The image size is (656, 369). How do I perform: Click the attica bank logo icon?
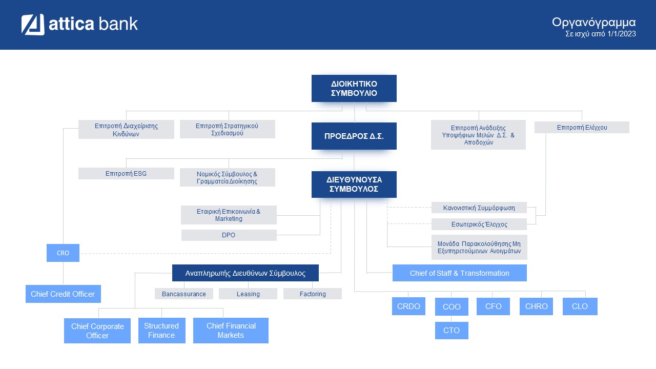[33, 25]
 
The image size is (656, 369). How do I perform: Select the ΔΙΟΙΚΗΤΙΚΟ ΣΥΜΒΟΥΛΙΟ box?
[354, 89]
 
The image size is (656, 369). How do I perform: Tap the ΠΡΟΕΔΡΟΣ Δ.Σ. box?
[354, 136]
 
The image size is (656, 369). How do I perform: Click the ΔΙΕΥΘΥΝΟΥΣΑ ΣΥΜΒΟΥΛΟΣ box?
[354, 184]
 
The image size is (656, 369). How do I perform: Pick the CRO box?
[63, 253]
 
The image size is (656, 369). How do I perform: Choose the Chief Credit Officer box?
[63, 294]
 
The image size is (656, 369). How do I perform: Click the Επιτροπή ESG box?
[126, 173]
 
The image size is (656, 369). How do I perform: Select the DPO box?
[229, 235]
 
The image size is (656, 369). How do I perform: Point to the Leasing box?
[248, 294]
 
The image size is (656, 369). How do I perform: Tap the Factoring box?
[313, 294]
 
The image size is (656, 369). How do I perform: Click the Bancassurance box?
[184, 294]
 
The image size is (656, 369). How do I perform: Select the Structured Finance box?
[161, 331]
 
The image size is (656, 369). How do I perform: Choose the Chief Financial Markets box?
[231, 331]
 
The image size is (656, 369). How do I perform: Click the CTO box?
[452, 331]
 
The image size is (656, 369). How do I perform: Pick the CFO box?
[493, 306]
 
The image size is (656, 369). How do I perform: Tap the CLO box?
[580, 306]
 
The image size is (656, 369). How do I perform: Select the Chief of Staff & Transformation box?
[460, 273]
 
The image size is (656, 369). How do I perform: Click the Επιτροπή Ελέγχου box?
[582, 128]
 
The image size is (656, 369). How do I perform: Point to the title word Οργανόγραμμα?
[594, 23]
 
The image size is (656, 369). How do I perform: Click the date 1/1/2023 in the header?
[622, 34]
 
